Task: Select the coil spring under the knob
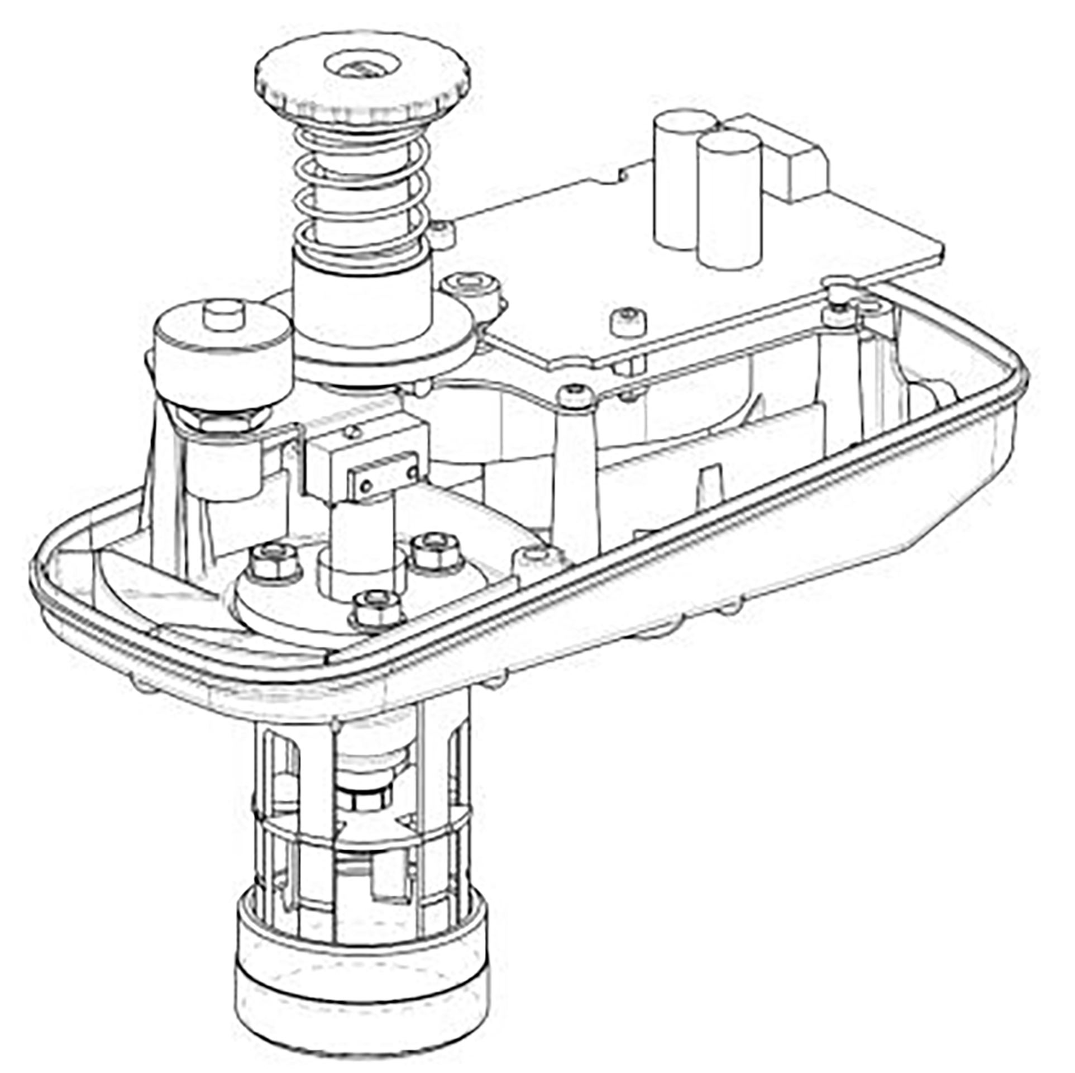point(364,190)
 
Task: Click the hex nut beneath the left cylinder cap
point(223,416)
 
